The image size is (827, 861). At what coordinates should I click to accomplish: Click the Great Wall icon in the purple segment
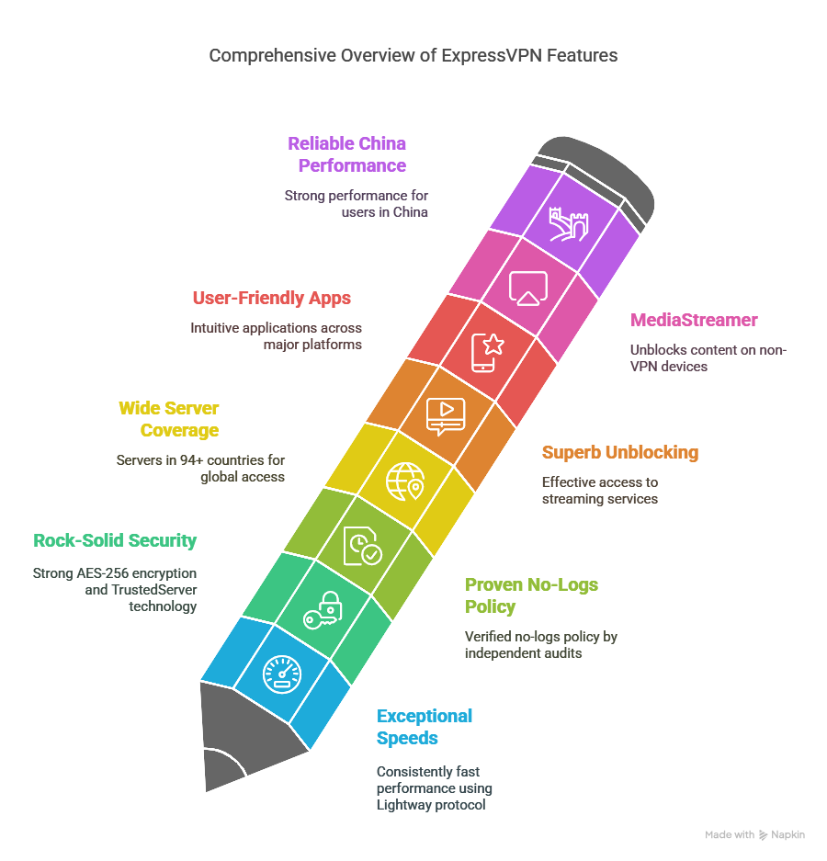coord(569,224)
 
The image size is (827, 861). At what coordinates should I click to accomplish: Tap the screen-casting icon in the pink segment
coord(528,288)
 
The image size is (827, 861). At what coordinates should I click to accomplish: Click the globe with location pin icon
coord(405,481)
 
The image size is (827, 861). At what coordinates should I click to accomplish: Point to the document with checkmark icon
coord(362,545)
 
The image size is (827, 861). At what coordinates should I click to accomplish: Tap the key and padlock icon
coord(323,610)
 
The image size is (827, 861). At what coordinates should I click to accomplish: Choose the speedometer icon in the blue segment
coord(282,674)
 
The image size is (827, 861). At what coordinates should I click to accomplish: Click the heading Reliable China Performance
coord(347,154)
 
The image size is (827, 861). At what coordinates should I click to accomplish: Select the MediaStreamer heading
coord(694,320)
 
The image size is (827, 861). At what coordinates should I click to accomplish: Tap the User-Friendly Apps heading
coord(272,298)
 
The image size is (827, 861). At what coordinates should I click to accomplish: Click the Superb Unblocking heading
coord(620,452)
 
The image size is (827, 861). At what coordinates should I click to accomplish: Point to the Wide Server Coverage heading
coord(169,419)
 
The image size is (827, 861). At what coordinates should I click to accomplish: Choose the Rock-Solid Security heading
coord(115,540)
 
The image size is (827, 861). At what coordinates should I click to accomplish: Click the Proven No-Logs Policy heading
coord(531,595)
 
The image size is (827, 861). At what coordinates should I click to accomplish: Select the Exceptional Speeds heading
coord(424,727)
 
